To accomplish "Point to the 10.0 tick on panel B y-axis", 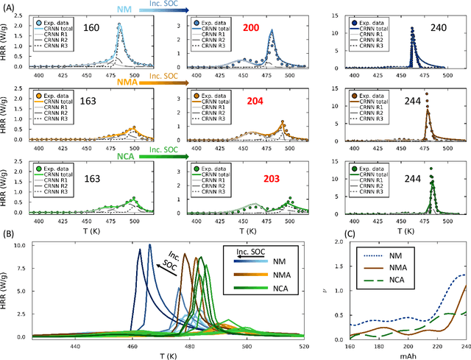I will pyautogui.click(x=35, y=244).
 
